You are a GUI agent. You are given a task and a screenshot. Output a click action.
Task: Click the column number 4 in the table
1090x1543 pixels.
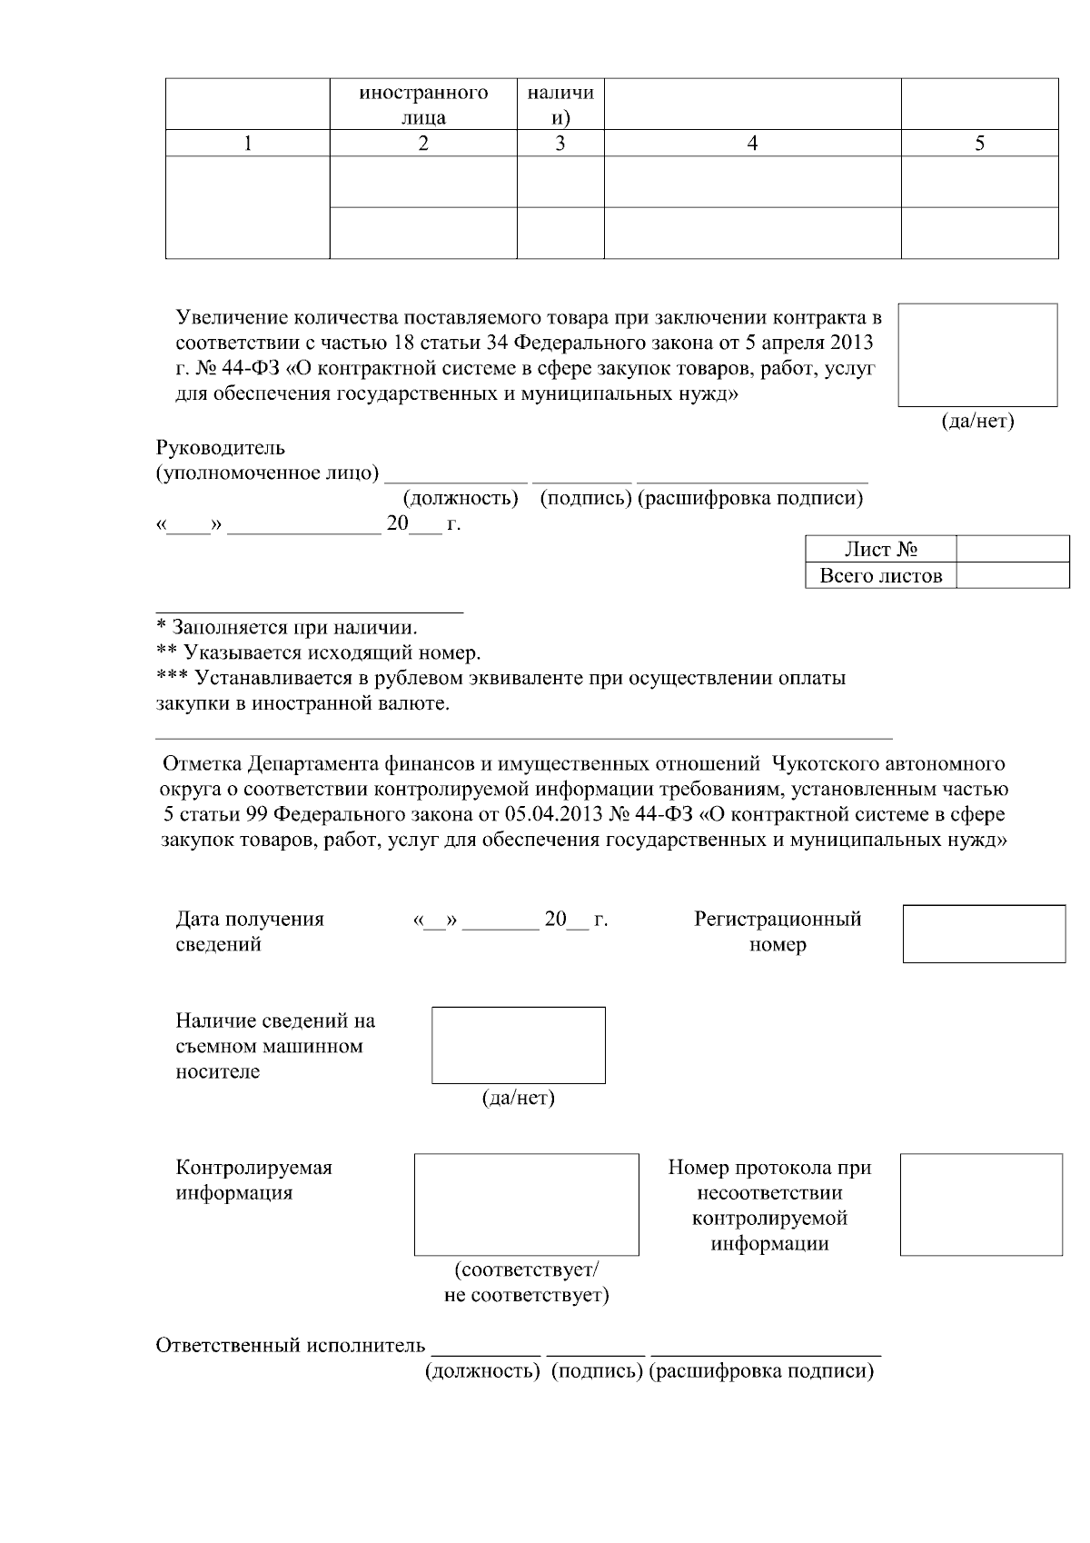[752, 144]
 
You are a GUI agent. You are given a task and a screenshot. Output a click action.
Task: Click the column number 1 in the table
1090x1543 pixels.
[247, 144]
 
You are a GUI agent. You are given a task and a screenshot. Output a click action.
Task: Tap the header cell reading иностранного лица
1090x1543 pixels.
[423, 105]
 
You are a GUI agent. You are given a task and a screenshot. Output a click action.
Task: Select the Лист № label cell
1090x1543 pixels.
[880, 550]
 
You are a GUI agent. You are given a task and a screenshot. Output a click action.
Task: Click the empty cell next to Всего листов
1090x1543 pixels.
[1012, 575]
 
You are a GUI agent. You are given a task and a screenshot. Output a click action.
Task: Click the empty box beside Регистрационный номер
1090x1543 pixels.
[984, 933]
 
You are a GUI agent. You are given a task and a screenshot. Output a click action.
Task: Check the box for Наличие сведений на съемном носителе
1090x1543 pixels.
[518, 1045]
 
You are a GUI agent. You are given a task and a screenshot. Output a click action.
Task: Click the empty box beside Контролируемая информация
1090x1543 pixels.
[526, 1205]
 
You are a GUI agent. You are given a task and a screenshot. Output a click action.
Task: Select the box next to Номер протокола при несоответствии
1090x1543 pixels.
[981, 1205]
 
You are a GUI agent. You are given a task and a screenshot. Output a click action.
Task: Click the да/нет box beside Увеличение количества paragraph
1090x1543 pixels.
[977, 354]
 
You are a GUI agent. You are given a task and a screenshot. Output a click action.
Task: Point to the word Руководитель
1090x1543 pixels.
[221, 448]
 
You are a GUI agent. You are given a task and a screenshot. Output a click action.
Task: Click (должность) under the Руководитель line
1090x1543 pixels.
[461, 498]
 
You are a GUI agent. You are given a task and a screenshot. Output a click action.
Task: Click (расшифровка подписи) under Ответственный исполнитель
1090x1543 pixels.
[761, 1371]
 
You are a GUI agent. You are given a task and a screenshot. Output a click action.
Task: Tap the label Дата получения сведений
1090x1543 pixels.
[250, 931]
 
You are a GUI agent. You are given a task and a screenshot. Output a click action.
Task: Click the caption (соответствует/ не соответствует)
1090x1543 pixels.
[526, 1281]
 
